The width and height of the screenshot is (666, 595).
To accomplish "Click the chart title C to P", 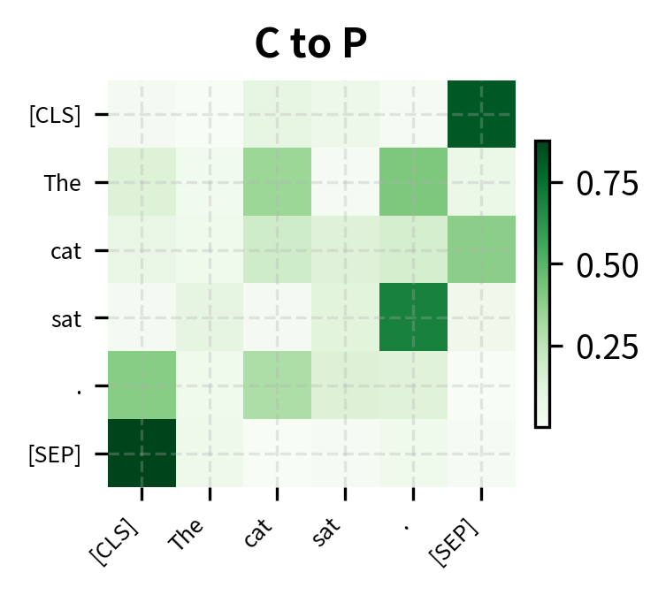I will (311, 45).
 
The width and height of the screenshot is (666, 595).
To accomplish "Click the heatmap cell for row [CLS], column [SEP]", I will (481, 114).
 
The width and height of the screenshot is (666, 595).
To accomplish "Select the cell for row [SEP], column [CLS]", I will (142, 453).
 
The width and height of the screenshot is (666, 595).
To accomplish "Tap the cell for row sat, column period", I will (413, 317).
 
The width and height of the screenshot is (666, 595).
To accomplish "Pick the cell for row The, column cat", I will (278, 182).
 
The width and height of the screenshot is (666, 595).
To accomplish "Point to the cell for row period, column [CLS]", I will (142, 385).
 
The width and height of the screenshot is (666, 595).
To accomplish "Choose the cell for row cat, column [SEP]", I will (481, 250).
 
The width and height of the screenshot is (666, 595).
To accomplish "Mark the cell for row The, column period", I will (413, 182).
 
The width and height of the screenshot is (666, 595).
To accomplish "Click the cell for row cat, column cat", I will (278, 250).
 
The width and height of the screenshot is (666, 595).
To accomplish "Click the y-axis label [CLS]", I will (56, 115).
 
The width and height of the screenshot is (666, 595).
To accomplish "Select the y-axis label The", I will (63, 183).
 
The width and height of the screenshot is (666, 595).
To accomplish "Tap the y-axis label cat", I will (66, 251).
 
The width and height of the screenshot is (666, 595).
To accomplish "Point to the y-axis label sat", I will (66, 318).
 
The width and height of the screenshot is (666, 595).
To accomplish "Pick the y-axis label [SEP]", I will (56, 454).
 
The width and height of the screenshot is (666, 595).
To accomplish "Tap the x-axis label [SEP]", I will (454, 540).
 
